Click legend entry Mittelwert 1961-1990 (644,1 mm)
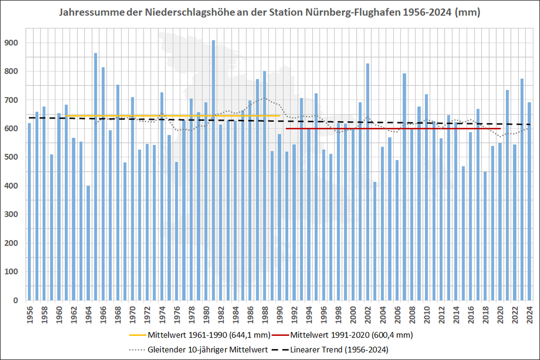click(x=208, y=335)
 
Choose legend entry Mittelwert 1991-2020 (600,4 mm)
click(x=352, y=335)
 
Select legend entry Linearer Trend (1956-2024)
click(x=342, y=349)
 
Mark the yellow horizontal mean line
click(x=167, y=115)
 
